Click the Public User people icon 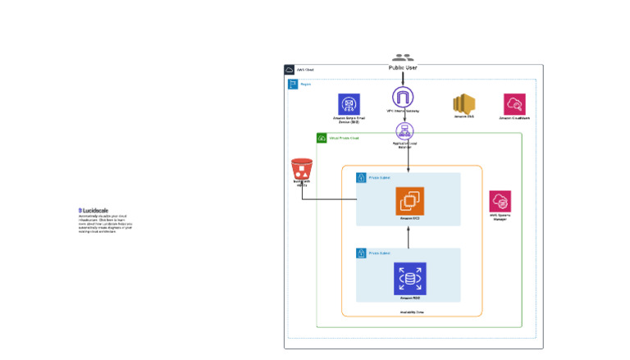(x=402, y=58)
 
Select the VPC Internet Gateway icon (x=403, y=98)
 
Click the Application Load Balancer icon (x=404, y=130)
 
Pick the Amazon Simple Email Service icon (x=349, y=104)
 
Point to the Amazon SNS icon (x=464, y=104)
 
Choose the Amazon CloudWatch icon (x=514, y=104)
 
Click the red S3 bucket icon (x=302, y=170)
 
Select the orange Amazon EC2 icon (x=409, y=201)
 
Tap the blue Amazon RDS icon (x=409, y=278)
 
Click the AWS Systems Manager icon (x=500, y=202)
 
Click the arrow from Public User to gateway (x=403, y=80)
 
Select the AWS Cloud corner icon (x=290, y=70)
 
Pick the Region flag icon (x=293, y=84)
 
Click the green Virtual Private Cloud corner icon (x=322, y=138)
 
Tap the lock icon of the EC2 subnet (x=361, y=177)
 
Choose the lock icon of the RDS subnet (x=361, y=253)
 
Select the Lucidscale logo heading (x=95, y=211)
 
